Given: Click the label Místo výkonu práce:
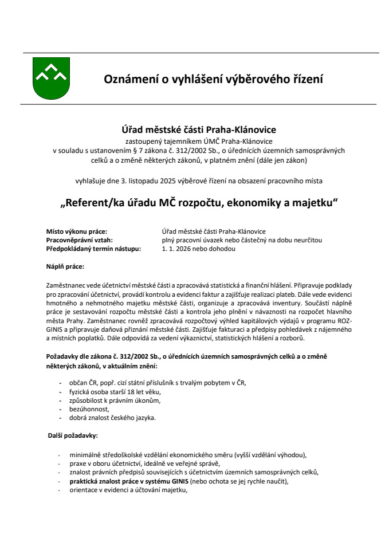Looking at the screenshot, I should pyautogui.click(x=76, y=232).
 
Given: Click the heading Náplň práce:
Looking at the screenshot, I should pyautogui.click(x=65, y=266).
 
